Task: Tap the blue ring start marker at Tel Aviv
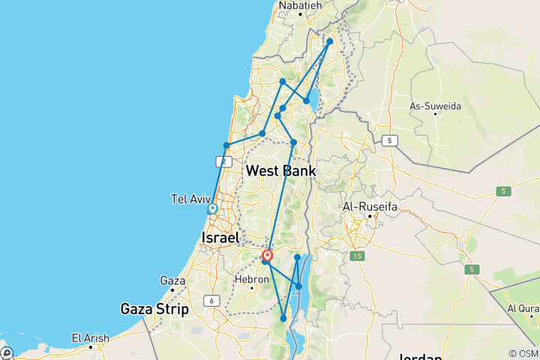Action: tap(212, 209)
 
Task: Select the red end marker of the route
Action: tap(267, 256)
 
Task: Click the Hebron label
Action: tap(253, 278)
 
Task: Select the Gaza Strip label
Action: tap(155, 308)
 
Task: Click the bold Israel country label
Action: tap(220, 238)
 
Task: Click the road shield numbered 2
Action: tap(223, 161)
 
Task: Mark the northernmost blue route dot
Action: tap(329, 42)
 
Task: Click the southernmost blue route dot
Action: tap(283, 319)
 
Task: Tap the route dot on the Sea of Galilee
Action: tap(306, 100)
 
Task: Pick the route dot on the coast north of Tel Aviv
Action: tap(226, 145)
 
